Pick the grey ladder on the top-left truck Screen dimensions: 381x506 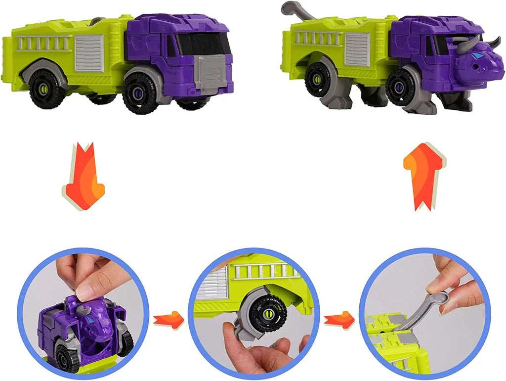(x=44, y=43)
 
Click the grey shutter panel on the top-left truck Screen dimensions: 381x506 (x=89, y=53)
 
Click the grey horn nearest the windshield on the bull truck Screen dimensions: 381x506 (x=466, y=45)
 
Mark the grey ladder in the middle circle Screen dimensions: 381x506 (x=267, y=271)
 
